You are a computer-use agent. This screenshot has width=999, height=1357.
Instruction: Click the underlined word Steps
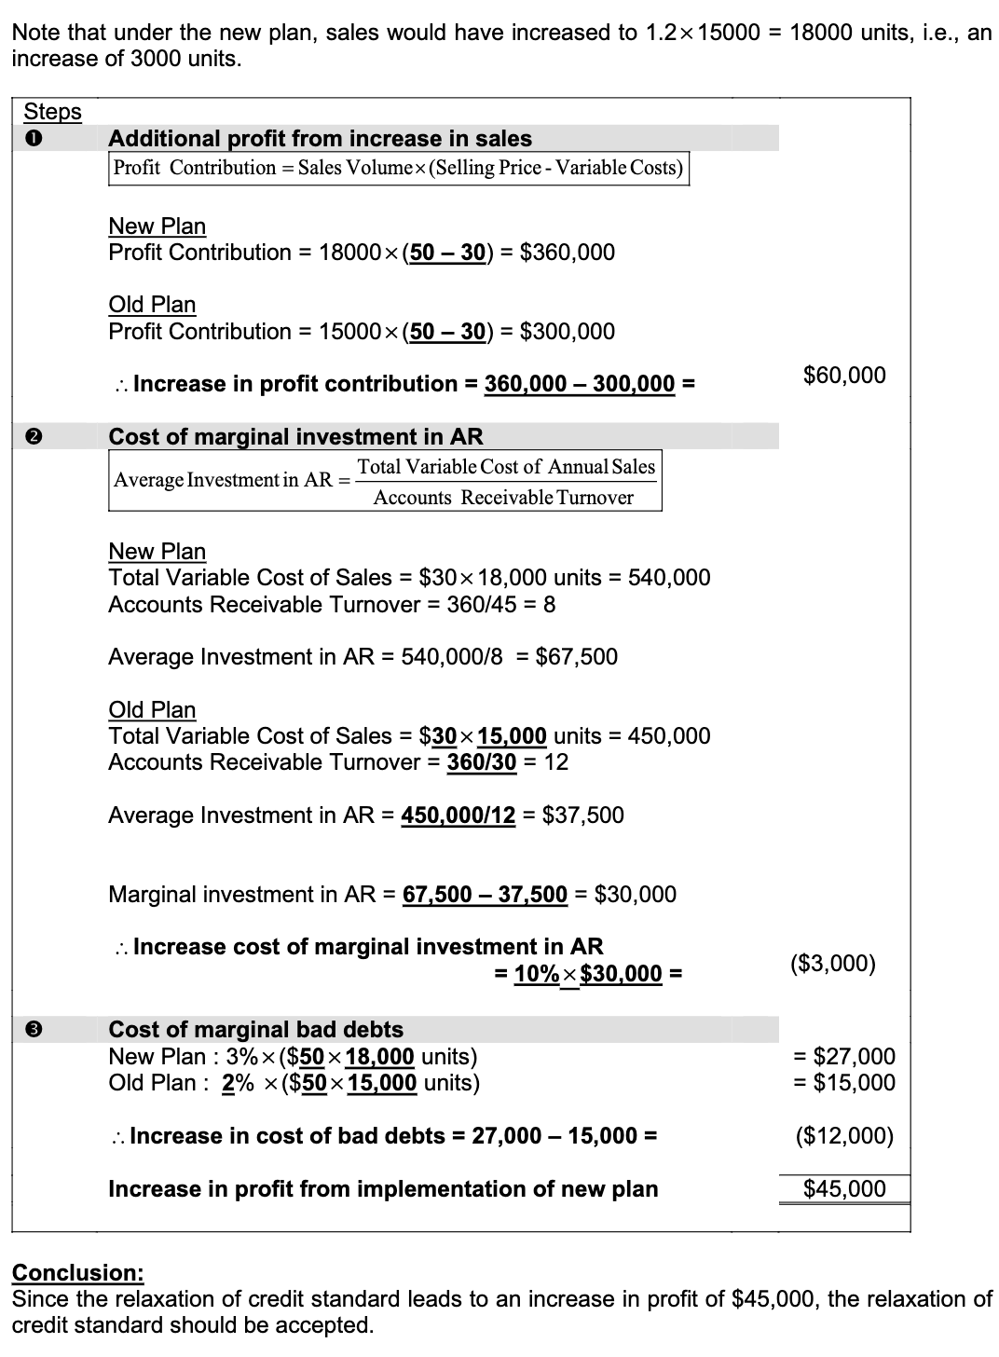pos(52,112)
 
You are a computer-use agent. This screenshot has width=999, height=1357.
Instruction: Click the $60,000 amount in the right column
pos(844,376)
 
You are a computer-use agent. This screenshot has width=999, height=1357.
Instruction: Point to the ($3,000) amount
pos(832,963)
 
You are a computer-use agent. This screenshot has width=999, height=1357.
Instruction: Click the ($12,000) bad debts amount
pos(844,1136)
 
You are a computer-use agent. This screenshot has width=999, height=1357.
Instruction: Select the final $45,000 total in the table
pos(844,1188)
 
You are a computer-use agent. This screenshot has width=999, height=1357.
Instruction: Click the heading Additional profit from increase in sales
pos(320,139)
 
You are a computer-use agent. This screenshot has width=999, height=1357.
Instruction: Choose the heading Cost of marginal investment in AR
pos(295,436)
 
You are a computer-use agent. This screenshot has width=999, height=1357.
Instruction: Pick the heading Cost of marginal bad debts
pos(256,1029)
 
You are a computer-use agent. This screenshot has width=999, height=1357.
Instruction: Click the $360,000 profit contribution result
pos(567,253)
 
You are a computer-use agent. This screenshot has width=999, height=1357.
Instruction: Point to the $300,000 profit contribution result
pos(567,332)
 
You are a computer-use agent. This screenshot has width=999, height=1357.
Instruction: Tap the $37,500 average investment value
pos(582,816)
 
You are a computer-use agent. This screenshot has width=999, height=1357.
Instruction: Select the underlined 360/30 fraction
pos(482,762)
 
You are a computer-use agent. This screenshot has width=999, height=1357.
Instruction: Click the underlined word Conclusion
pos(78,1272)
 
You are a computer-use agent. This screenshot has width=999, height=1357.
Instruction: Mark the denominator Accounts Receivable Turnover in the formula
pos(503,498)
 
